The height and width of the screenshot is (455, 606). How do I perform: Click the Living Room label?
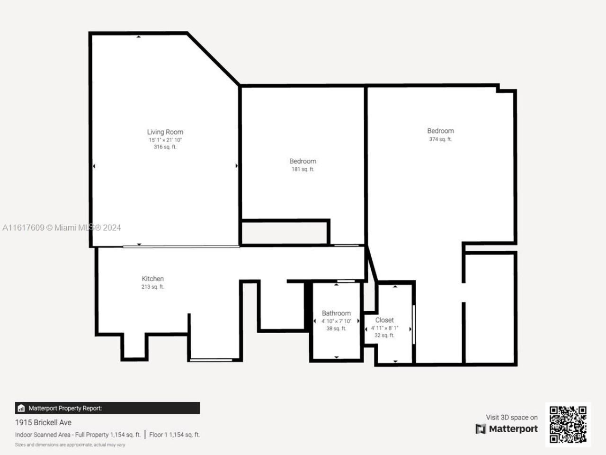click(165, 132)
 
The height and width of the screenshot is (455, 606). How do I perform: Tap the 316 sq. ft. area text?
click(165, 147)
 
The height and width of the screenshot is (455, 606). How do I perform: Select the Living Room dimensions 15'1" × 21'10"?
click(165, 140)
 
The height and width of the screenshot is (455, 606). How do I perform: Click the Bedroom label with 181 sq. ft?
click(303, 161)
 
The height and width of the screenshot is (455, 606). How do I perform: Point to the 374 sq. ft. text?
click(440, 139)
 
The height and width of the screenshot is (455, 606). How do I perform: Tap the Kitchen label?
click(152, 279)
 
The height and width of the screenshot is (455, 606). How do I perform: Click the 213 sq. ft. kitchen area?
click(152, 287)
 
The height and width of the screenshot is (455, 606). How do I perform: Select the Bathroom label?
click(336, 313)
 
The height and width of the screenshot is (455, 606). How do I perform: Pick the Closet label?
click(384, 320)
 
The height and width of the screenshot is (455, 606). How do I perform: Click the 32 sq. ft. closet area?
click(384, 336)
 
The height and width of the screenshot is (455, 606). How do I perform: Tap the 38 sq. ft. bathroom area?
click(336, 328)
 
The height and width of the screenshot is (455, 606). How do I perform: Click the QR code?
click(568, 424)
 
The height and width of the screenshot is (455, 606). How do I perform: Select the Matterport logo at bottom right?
click(507, 429)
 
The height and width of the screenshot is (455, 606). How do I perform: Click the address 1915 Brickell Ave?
click(43, 422)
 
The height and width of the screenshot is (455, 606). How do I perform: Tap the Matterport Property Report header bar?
click(107, 408)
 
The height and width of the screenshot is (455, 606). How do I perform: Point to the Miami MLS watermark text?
click(62, 227)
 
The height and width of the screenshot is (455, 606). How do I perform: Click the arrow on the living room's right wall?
click(236, 166)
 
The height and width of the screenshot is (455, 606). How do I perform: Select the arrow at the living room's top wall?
click(138, 36)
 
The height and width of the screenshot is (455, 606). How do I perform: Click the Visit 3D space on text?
click(512, 418)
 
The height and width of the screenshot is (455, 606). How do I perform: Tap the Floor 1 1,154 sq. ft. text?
click(174, 435)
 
